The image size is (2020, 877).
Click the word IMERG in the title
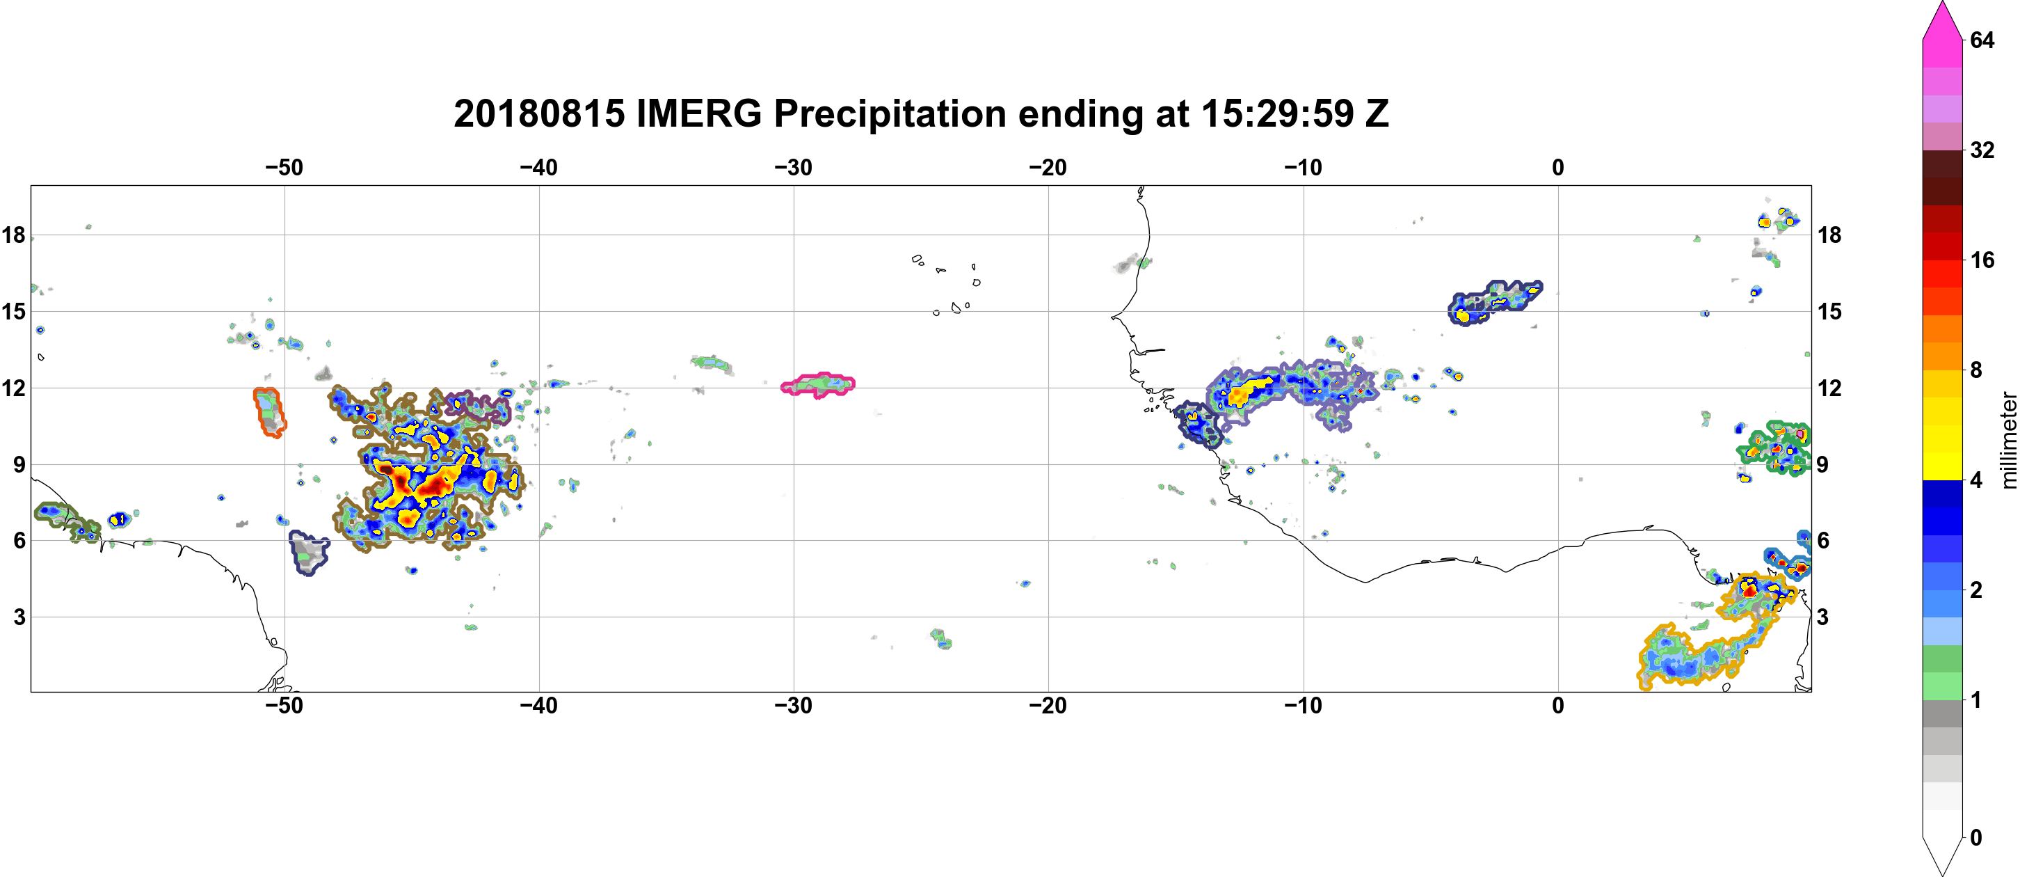click(x=698, y=113)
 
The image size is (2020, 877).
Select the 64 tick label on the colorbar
click(x=1982, y=40)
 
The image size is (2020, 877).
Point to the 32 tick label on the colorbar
click(x=1982, y=150)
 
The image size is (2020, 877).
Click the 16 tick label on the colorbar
click(x=1982, y=260)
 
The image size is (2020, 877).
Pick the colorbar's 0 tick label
click(x=1976, y=838)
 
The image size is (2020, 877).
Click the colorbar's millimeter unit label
click(x=2008, y=441)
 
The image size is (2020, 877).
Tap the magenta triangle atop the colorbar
click(x=1942, y=19)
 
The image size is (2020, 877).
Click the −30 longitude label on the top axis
click(x=794, y=168)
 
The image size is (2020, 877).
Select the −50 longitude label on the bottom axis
click(x=284, y=706)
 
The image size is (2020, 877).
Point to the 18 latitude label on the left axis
click(x=13, y=235)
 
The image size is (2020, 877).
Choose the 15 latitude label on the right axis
click(x=1829, y=311)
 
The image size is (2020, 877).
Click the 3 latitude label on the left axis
click(x=19, y=617)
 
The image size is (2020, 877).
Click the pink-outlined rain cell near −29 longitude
click(x=819, y=384)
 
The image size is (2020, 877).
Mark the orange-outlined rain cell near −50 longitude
click(x=268, y=411)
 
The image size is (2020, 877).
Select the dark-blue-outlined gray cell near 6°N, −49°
click(x=308, y=553)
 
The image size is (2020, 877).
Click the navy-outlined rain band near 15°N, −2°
click(x=1492, y=302)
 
